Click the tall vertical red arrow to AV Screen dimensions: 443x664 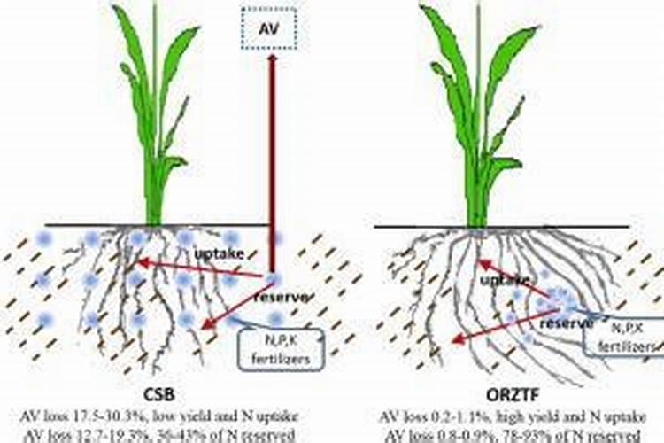[273, 159]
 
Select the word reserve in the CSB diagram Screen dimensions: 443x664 [281, 296]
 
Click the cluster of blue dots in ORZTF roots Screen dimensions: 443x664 [553, 301]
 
